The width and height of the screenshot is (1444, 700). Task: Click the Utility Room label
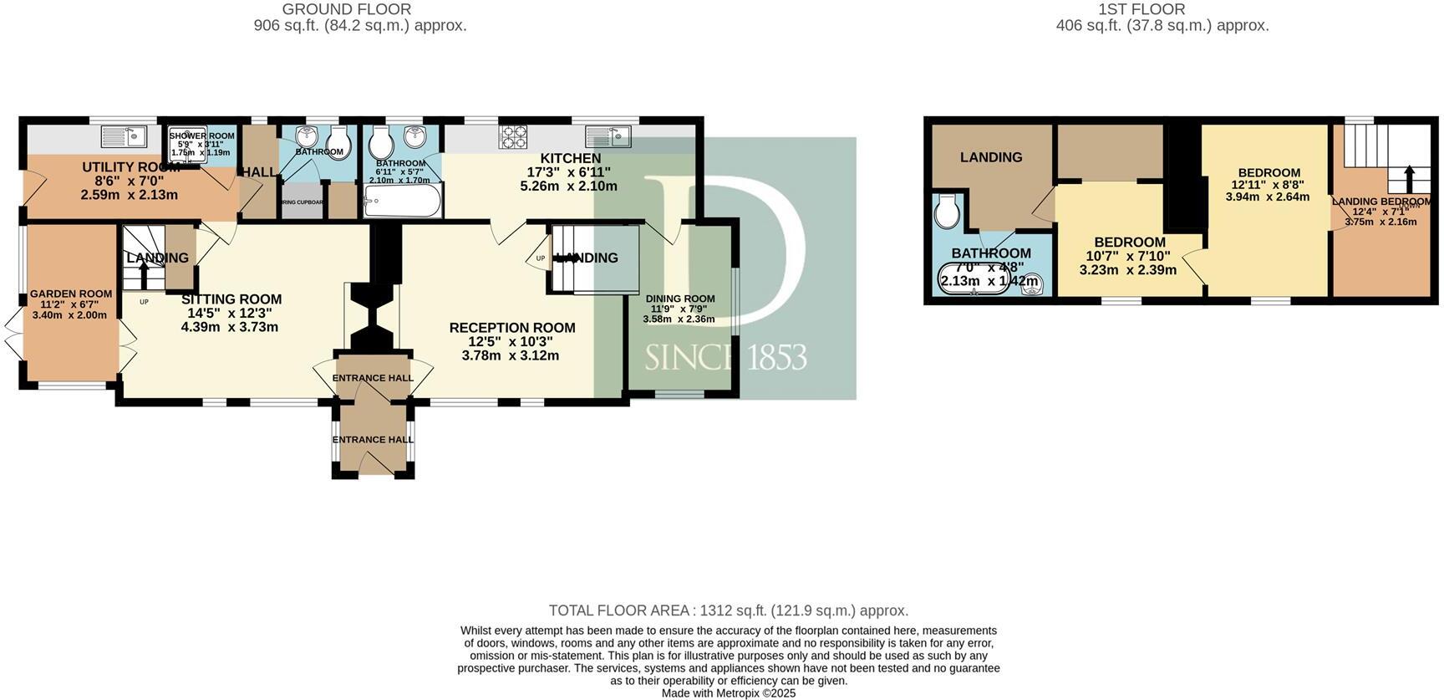pyautogui.click(x=130, y=167)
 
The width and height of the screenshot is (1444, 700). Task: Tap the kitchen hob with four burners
pyautogui.click(x=512, y=136)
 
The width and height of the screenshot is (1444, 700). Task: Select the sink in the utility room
pyautogui.click(x=124, y=136)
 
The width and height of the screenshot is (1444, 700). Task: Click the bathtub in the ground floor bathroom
pyautogui.click(x=403, y=202)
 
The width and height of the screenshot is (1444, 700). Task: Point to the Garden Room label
pyautogui.click(x=71, y=294)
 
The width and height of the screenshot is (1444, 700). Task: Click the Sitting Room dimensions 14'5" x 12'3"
pyautogui.click(x=230, y=313)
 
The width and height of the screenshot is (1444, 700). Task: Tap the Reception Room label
pyautogui.click(x=511, y=328)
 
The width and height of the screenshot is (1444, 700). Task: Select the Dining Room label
pyautogui.click(x=680, y=299)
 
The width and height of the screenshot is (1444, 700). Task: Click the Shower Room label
pyautogui.click(x=201, y=135)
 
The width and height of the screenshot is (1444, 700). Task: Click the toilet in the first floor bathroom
pyautogui.click(x=947, y=212)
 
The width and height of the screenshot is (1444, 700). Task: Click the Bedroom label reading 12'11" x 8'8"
pyautogui.click(x=1269, y=173)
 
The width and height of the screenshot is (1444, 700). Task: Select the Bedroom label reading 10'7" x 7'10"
pyautogui.click(x=1129, y=243)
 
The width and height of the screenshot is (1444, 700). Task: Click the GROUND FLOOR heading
pyautogui.click(x=347, y=10)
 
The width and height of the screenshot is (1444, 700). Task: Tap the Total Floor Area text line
pyautogui.click(x=728, y=611)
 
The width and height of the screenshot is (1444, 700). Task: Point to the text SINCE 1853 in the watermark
pyautogui.click(x=725, y=357)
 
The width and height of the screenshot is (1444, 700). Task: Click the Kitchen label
pyautogui.click(x=570, y=158)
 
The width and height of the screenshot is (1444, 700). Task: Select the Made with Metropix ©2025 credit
pyautogui.click(x=728, y=693)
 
